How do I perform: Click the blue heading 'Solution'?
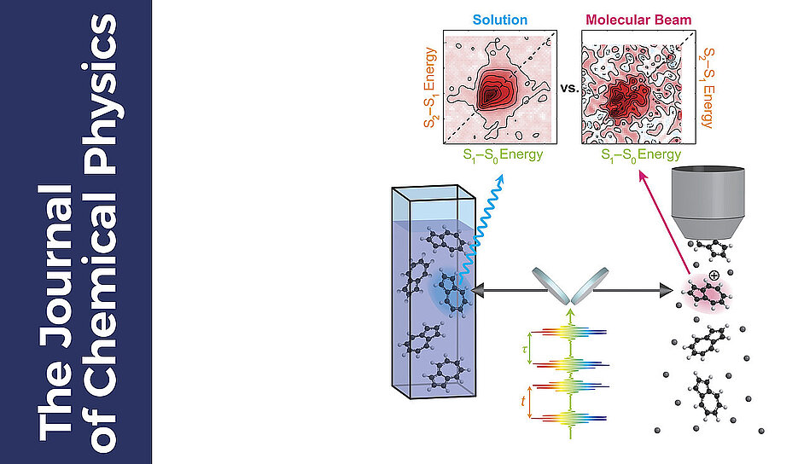click(499, 19)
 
